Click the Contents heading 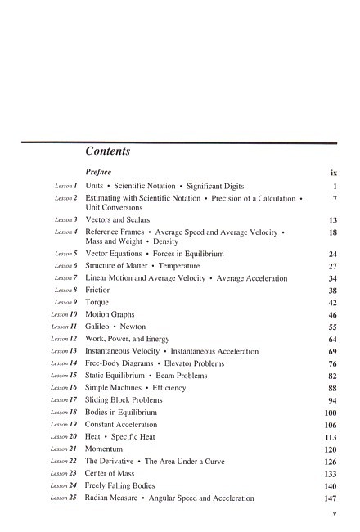[107, 151]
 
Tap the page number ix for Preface [334, 173]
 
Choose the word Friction [98, 290]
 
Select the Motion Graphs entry [110, 314]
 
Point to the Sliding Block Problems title [124, 400]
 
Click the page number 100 [331, 413]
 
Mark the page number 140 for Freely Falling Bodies [331, 486]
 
